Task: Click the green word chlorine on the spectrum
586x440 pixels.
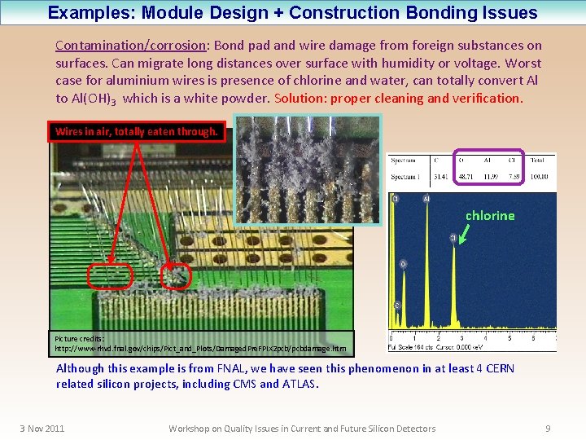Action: [x=489, y=216]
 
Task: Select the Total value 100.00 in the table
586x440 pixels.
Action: [x=539, y=176]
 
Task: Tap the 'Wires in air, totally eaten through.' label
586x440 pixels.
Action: [x=136, y=131]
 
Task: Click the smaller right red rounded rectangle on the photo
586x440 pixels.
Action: [x=176, y=277]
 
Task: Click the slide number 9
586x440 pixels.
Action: [x=548, y=429]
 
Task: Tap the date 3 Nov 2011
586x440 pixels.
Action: [x=42, y=429]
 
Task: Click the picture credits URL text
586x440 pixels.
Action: [x=199, y=348]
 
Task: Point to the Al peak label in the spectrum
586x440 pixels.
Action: [x=426, y=198]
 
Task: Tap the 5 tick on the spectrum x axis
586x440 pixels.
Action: [x=509, y=337]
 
